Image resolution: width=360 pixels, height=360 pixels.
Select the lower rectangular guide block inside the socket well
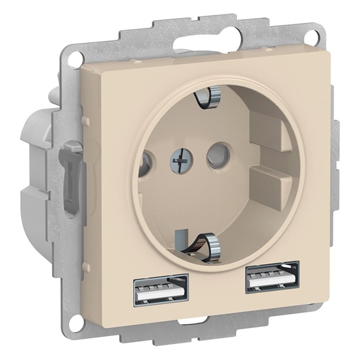coord(271,180)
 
